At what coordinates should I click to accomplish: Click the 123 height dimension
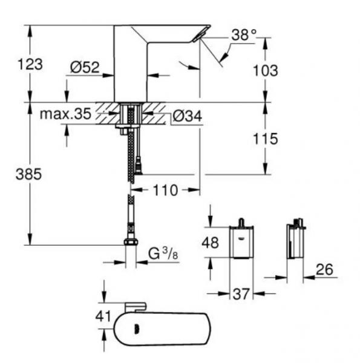30,64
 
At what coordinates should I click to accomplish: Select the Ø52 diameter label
85,67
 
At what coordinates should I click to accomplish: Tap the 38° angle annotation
244,35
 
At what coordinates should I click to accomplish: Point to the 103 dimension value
266,70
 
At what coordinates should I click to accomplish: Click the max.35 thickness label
65,114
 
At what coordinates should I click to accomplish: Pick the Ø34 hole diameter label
188,116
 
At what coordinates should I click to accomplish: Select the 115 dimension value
266,139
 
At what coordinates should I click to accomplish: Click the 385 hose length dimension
28,174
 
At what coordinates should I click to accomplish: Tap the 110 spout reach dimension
165,191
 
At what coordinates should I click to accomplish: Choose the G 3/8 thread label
163,253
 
